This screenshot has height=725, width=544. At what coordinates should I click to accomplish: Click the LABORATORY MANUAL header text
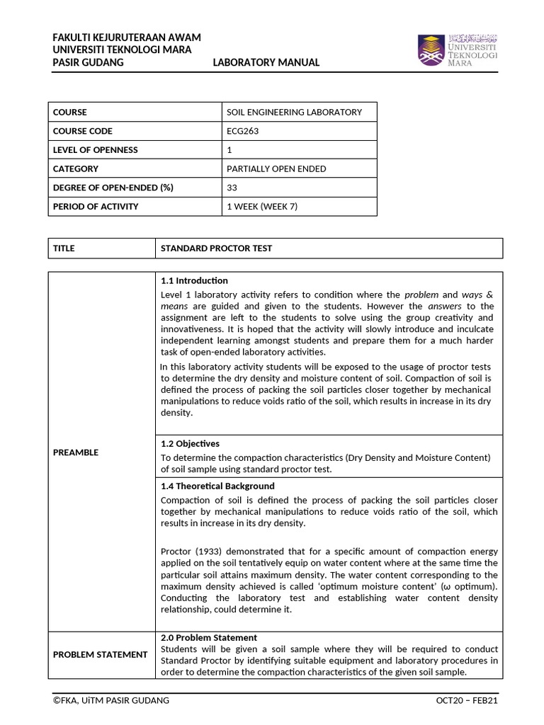(266, 62)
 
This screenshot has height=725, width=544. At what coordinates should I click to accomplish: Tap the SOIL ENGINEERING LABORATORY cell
(294, 112)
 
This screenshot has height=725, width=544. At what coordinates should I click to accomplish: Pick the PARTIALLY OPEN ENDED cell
(276, 169)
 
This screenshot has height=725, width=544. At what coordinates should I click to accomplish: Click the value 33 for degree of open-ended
(232, 188)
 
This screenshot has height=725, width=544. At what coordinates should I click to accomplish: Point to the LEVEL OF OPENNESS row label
(96, 150)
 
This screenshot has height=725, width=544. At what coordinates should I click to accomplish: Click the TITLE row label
(64, 249)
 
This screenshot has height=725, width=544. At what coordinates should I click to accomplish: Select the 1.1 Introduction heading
(195, 280)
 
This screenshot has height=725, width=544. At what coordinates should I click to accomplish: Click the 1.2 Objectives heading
(191, 443)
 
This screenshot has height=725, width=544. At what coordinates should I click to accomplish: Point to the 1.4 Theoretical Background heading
(217, 486)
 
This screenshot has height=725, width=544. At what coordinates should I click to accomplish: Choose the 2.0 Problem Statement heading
(209, 637)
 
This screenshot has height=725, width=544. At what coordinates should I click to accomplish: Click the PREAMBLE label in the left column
(76, 452)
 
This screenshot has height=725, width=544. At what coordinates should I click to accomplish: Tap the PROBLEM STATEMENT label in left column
(100, 654)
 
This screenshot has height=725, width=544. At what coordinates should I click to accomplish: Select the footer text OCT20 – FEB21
(467, 700)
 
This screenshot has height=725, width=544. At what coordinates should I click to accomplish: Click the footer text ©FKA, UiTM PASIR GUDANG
(111, 700)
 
